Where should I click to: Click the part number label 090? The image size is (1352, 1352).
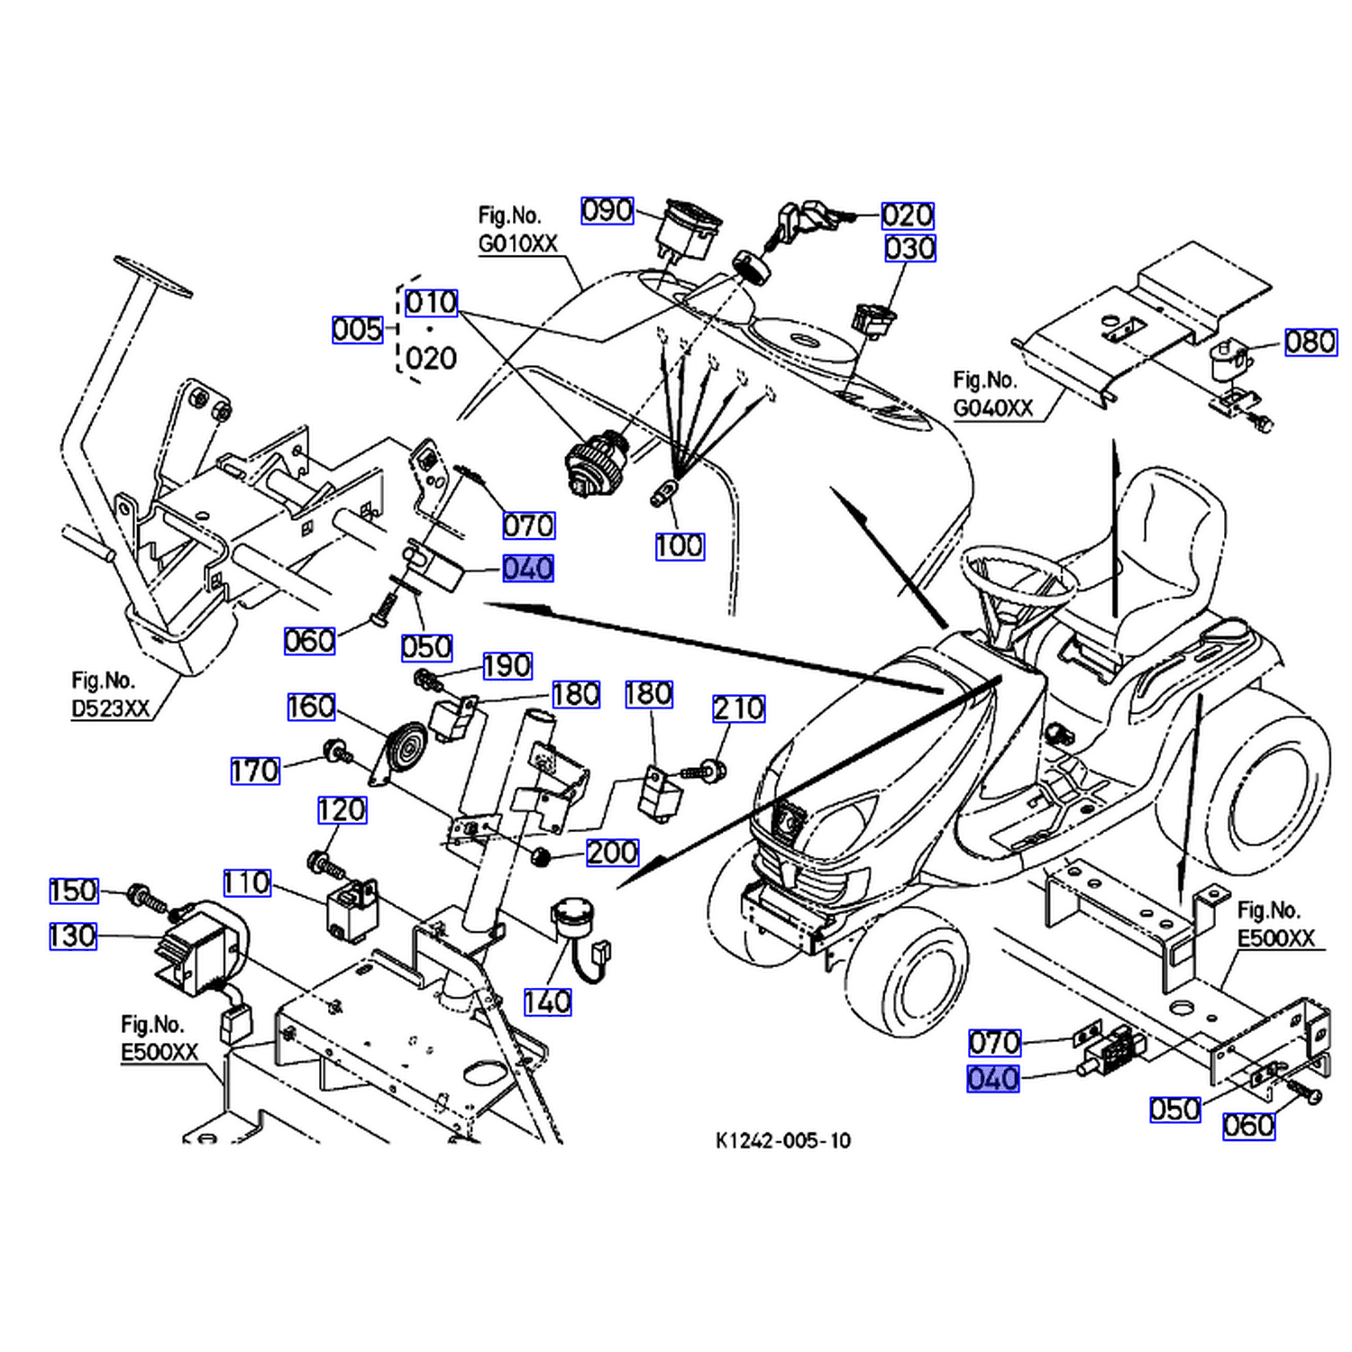(607, 211)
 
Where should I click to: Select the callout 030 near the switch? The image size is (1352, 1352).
(910, 248)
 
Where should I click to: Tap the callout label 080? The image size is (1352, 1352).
(1311, 342)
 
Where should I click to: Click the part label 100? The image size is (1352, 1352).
(680, 545)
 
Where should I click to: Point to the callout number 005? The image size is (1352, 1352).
(358, 329)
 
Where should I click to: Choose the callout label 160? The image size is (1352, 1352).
(311, 707)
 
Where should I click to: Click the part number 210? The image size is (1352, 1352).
(739, 708)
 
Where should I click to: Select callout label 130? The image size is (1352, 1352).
(73, 936)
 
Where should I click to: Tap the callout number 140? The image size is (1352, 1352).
(548, 1001)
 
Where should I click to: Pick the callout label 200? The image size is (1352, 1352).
(613, 852)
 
